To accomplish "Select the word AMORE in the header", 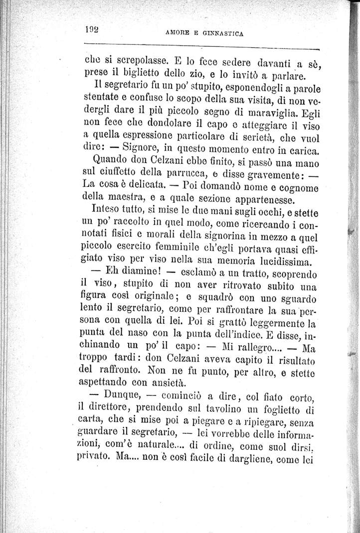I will [x=177, y=34].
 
